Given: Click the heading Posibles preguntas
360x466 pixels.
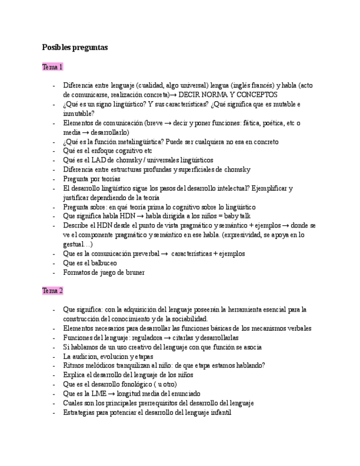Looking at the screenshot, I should (x=75, y=48).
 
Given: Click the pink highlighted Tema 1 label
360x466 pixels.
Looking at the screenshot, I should (x=53, y=67).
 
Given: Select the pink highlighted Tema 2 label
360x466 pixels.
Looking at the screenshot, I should (x=53, y=290).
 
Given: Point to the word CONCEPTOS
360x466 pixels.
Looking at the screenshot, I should (x=259, y=95).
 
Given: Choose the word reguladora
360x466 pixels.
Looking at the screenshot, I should (x=145, y=337).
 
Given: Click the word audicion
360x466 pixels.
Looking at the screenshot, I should (x=88, y=356).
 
